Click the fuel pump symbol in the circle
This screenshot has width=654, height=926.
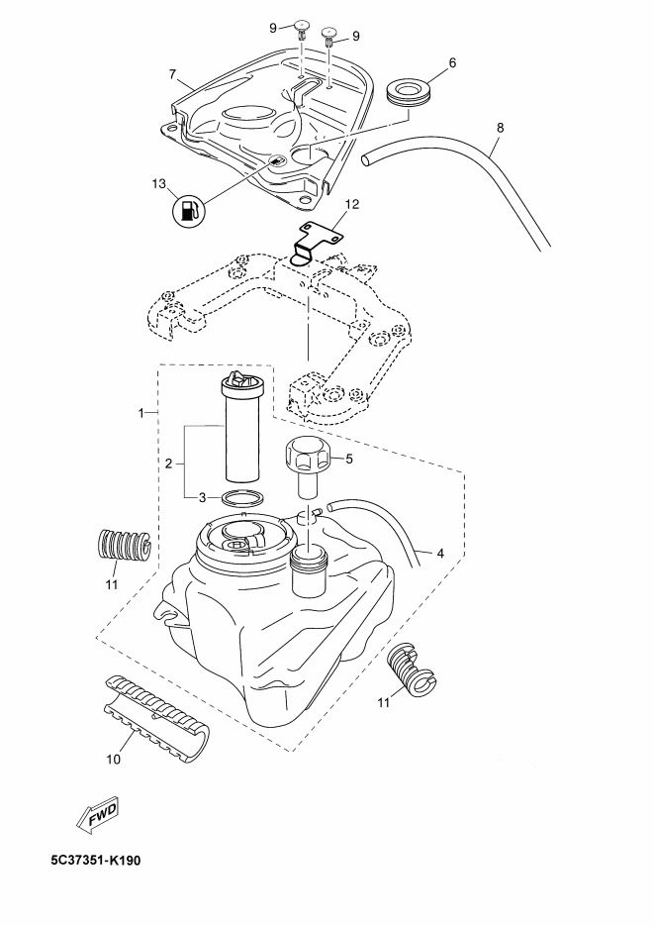pyautogui.click(x=189, y=211)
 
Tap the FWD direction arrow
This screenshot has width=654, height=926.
pyautogui.click(x=98, y=816)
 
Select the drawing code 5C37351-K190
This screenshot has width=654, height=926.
pyautogui.click(x=96, y=860)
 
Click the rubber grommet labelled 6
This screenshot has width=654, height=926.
pyautogui.click(x=408, y=94)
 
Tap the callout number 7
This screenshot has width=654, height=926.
pyautogui.click(x=172, y=74)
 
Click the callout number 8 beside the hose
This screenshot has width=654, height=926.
pyautogui.click(x=500, y=127)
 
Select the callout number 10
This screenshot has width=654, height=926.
pyautogui.click(x=113, y=759)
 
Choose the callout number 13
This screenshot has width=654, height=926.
pyautogui.click(x=159, y=184)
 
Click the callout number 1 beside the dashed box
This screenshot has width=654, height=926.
pyautogui.click(x=140, y=413)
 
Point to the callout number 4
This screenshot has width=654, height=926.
pyautogui.click(x=440, y=554)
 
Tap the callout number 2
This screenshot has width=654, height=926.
pyautogui.click(x=168, y=463)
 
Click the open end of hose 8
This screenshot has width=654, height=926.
pyautogui.click(x=366, y=158)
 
